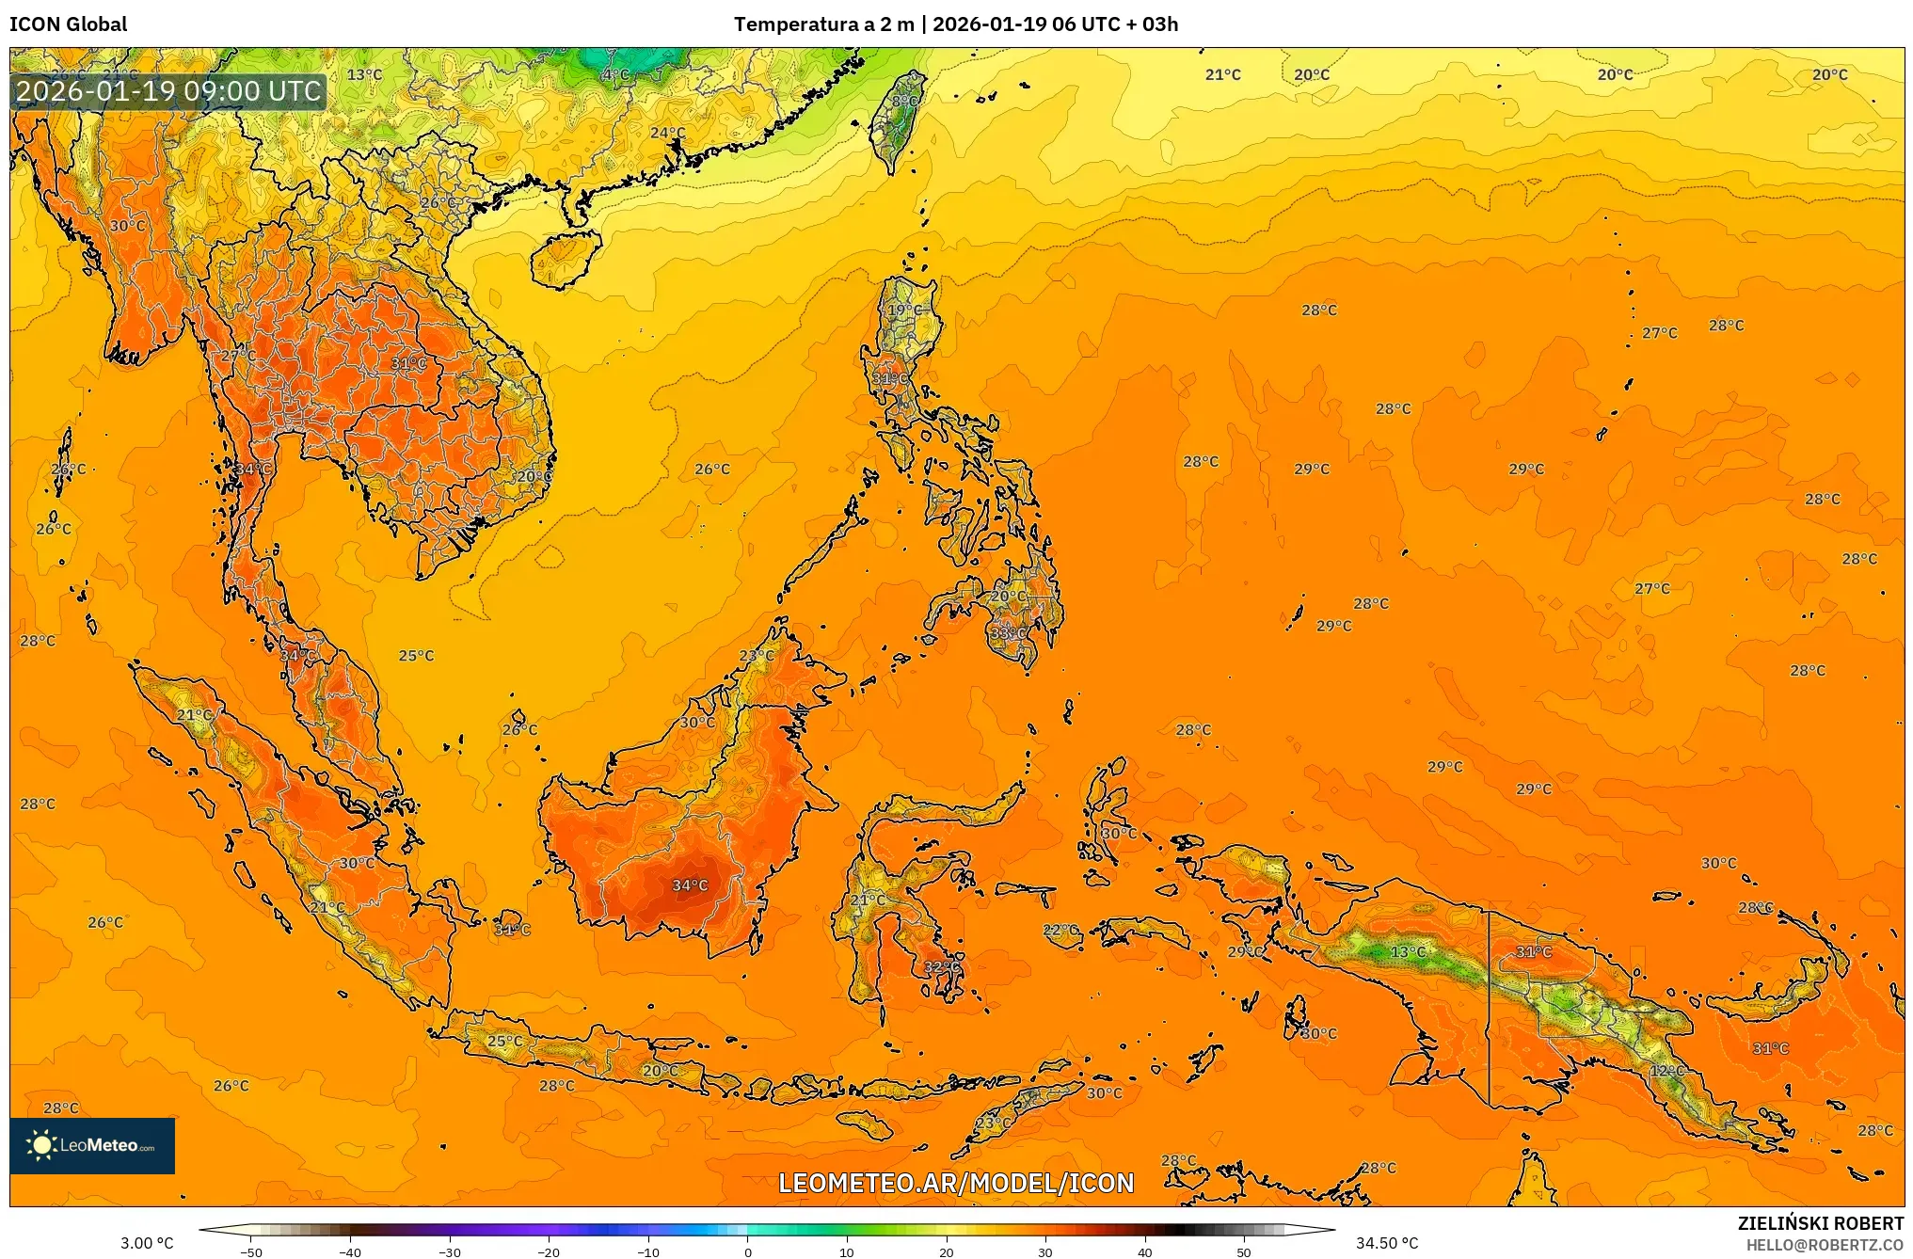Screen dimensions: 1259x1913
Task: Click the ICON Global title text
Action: coord(68,24)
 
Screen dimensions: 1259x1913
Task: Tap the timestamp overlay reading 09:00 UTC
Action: coord(169,91)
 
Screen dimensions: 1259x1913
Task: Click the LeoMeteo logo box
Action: coord(92,1145)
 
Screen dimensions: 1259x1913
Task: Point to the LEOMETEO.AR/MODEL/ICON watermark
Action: coord(956,1183)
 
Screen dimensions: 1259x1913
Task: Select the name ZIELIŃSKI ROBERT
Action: coord(1820,1223)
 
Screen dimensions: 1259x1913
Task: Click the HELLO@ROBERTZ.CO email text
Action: coord(1825,1245)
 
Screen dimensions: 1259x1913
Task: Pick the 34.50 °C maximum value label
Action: coord(1386,1243)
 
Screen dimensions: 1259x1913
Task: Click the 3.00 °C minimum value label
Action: coord(147,1243)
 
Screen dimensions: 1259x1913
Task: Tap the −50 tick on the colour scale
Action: coord(250,1251)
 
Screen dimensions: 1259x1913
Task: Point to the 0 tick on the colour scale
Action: coord(748,1251)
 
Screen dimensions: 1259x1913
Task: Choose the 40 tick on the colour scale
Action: coord(1145,1251)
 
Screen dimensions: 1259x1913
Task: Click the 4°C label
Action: coord(615,75)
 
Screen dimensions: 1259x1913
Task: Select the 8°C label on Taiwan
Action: coord(904,102)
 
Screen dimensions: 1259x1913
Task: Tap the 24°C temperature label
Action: coord(667,134)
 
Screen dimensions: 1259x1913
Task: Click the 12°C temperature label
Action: coord(1666,1071)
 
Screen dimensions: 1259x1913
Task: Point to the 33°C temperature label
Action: coord(1008,633)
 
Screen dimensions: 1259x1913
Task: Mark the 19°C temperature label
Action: coord(905,311)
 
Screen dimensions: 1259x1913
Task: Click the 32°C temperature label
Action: coord(942,966)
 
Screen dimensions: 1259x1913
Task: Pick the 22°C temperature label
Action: coord(1060,930)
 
